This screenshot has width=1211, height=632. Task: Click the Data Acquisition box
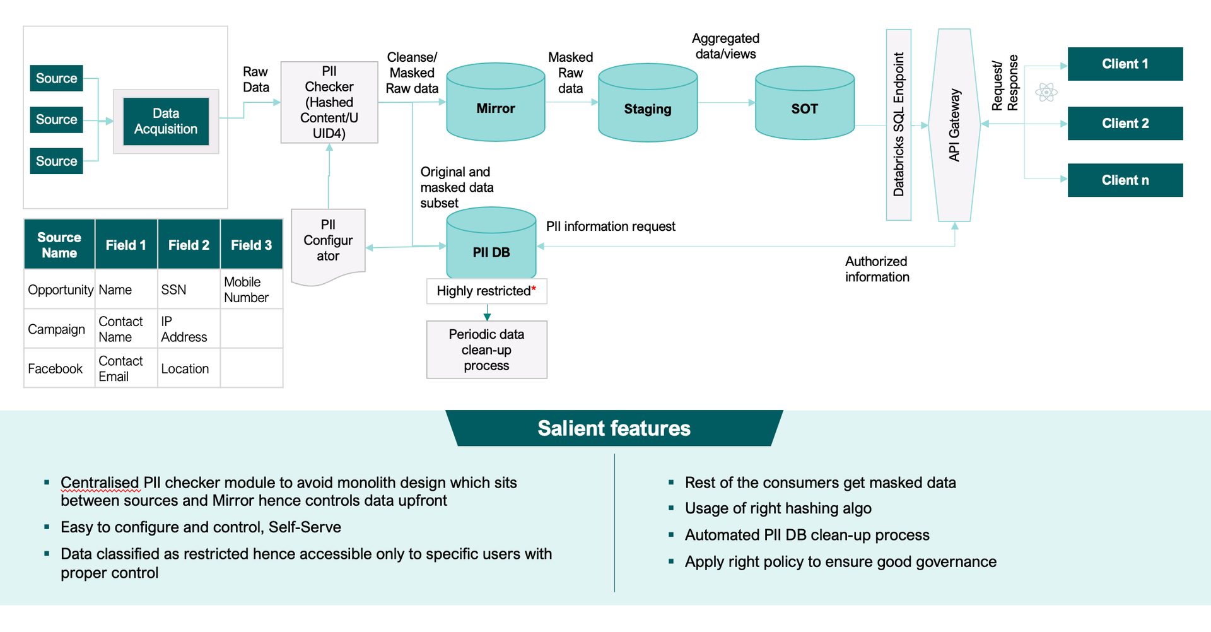coord(166,121)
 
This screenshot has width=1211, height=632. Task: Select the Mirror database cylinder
coord(496,104)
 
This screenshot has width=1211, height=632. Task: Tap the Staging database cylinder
coord(648,105)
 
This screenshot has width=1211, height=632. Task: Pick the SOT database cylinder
coord(805,105)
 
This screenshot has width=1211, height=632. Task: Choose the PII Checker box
coord(329,102)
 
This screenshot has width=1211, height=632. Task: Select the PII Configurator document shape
coord(328,242)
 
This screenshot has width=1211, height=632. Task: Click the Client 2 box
coord(1125,124)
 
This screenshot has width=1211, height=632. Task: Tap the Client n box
coord(1125,180)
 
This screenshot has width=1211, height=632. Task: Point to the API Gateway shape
coord(954,125)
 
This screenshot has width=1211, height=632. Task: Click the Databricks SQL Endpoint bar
coord(899,125)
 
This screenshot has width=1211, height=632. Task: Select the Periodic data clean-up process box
coord(486,350)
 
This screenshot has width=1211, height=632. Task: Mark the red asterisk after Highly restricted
coord(534,288)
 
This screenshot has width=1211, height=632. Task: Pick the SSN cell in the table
coord(174,290)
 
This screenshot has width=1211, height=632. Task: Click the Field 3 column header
coord(251,245)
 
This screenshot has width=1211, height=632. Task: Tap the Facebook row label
coord(56,369)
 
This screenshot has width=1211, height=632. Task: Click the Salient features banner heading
coord(614,428)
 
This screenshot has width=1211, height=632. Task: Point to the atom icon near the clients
coord(1046,93)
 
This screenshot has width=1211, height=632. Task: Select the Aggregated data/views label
coord(725,46)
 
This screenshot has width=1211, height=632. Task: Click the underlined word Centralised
coord(100,483)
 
